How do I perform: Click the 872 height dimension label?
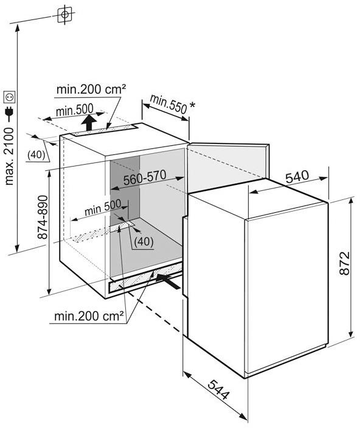(344, 263)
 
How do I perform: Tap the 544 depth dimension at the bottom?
(219, 390)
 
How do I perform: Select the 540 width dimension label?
(297, 176)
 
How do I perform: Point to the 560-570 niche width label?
(145, 178)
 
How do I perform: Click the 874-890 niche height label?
(43, 217)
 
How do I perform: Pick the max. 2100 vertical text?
(9, 156)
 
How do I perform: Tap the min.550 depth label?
(168, 104)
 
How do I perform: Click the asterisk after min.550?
(192, 105)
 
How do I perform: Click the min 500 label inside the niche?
(103, 208)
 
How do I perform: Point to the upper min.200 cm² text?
(91, 89)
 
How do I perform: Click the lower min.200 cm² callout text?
(89, 316)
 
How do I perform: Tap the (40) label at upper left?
(36, 155)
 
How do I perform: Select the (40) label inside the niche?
(144, 241)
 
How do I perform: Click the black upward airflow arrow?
(88, 123)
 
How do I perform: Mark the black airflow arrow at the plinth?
(168, 281)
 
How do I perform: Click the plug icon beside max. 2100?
(9, 114)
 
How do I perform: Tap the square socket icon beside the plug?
(9, 97)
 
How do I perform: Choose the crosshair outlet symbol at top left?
(64, 15)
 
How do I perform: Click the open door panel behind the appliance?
(229, 167)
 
